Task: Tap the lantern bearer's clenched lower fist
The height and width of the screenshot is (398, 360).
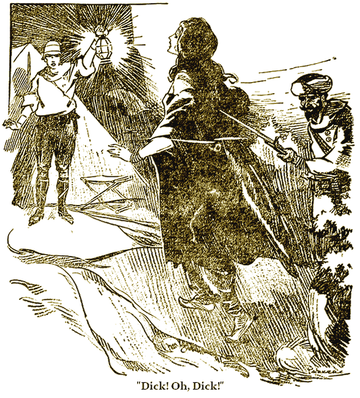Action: pos(13,122)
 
